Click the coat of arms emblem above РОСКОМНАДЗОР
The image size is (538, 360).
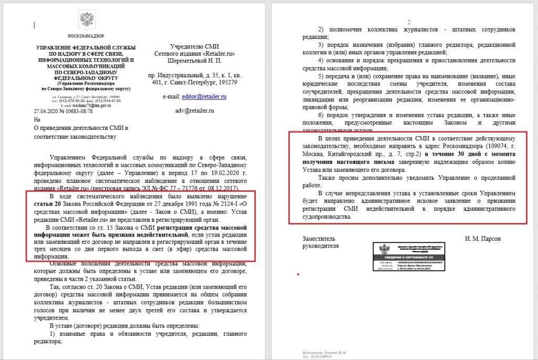click(x=87, y=20)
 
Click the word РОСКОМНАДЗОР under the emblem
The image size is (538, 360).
click(x=87, y=36)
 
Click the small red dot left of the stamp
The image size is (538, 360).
click(x=298, y=274)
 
